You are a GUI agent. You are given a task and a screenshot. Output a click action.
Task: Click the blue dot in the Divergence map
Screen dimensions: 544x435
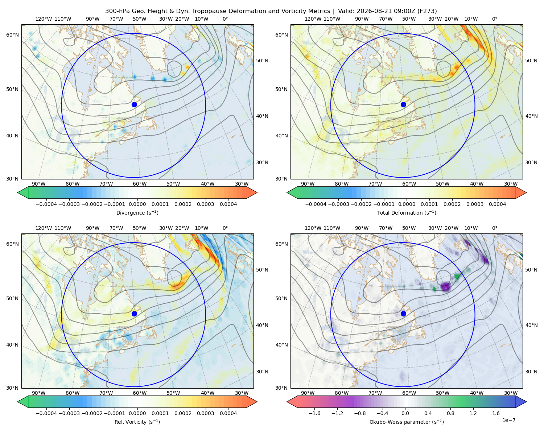click(x=134, y=104)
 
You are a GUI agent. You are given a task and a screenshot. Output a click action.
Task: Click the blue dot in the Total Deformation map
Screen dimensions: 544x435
click(x=403, y=104)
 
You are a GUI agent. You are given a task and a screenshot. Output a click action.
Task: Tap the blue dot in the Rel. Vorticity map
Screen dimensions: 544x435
click(x=134, y=314)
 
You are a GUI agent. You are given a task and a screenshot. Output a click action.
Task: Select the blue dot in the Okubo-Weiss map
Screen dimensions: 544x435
click(x=403, y=314)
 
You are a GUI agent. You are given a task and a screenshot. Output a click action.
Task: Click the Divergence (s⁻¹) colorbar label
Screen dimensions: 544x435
click(x=137, y=212)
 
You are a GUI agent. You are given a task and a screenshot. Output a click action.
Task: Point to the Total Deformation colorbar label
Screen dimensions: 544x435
click(x=407, y=212)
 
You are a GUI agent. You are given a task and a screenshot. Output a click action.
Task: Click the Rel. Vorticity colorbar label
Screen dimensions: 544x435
click(x=137, y=422)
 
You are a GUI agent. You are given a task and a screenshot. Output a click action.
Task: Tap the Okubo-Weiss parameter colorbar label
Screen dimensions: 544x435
click(x=407, y=422)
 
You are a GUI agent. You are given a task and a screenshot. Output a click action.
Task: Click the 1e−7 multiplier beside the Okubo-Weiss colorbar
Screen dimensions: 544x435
click(x=508, y=420)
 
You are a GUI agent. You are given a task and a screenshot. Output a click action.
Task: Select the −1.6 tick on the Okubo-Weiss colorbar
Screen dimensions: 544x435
click(x=314, y=413)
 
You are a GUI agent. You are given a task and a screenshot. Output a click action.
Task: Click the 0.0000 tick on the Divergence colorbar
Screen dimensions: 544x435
click(x=137, y=204)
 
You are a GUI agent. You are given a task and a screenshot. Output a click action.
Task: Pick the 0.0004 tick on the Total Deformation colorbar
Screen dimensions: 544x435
click(x=497, y=204)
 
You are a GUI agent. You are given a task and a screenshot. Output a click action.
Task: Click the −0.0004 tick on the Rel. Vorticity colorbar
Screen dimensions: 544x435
click(x=46, y=413)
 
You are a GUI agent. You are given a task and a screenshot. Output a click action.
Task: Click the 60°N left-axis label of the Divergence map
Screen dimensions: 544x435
click(x=12, y=35)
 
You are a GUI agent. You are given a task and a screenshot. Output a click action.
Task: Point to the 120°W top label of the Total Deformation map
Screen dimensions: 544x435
click(x=313, y=19)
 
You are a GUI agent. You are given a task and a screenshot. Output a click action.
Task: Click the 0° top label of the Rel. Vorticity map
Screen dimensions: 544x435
click(x=225, y=228)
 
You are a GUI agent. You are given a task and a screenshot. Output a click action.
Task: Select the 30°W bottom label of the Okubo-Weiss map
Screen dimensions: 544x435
click(x=511, y=393)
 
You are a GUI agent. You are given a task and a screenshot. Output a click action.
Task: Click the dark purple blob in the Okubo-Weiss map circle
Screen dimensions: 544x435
click(x=445, y=286)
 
